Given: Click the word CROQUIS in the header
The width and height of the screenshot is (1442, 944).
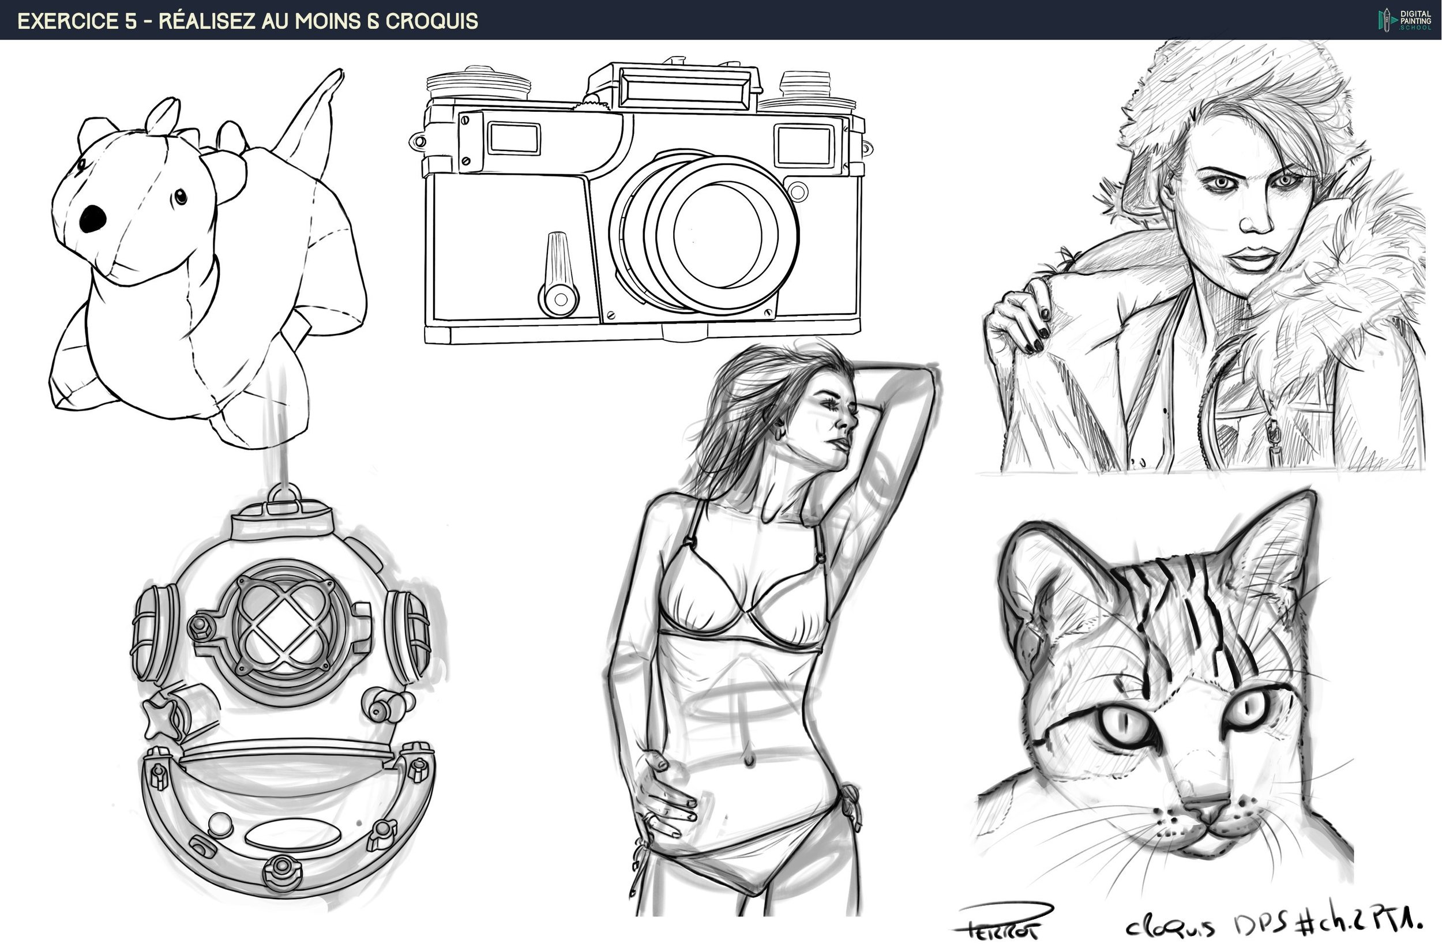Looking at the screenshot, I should click(x=431, y=21).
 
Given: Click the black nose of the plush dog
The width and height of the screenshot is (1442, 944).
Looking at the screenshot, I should click(x=92, y=219).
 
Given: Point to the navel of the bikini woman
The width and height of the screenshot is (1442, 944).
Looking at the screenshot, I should click(x=749, y=760).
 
